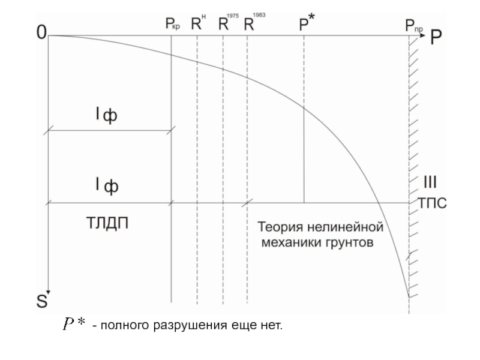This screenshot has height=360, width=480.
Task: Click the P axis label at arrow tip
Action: pos(436,36)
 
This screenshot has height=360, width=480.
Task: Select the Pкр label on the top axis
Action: pos(172,25)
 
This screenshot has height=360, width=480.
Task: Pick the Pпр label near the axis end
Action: pos(413,25)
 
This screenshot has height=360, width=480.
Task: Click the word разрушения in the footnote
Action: pos(185,326)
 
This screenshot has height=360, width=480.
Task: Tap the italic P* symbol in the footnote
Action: pos(76,325)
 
